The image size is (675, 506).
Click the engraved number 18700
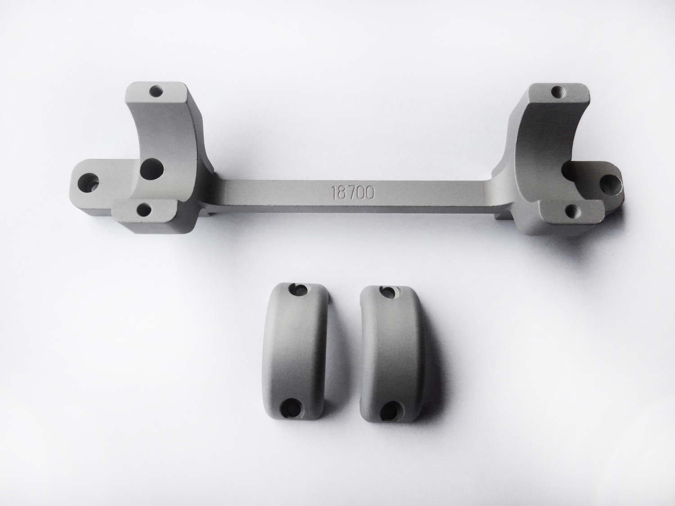point(353,193)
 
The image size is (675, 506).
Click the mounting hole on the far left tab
point(90,182)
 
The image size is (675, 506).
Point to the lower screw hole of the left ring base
point(144,210)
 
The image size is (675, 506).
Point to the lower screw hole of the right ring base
point(572,211)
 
